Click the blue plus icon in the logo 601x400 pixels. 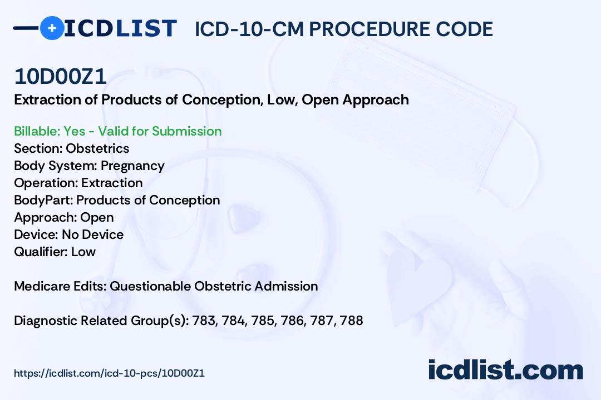pos(52,28)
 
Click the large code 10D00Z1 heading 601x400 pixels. pos(60,77)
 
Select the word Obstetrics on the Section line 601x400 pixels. pos(97,148)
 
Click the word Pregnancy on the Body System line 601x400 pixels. pos(132,166)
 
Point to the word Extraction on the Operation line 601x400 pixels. pos(112,183)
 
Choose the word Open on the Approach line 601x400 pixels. pos(97,218)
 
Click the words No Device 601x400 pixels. pos(93,234)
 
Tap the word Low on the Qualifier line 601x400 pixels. pos(83,252)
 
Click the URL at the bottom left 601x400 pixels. pos(109,373)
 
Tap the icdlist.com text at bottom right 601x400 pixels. pos(505,369)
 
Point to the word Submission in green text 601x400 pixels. pos(186,131)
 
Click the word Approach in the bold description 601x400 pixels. pos(376,101)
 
